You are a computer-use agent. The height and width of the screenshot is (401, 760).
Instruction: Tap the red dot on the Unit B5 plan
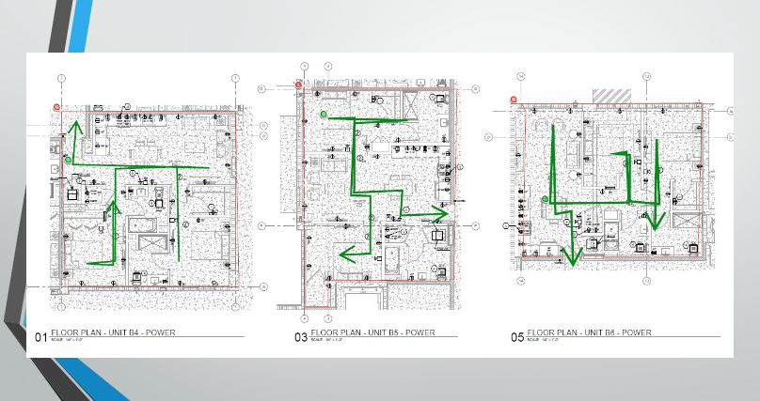click(x=298, y=85)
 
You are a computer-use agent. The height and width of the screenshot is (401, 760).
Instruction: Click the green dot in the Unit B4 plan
click(x=69, y=161)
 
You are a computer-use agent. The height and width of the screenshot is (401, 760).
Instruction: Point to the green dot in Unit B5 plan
click(x=324, y=114)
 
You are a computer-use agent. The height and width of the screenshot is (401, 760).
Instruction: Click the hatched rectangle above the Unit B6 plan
click(x=610, y=96)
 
